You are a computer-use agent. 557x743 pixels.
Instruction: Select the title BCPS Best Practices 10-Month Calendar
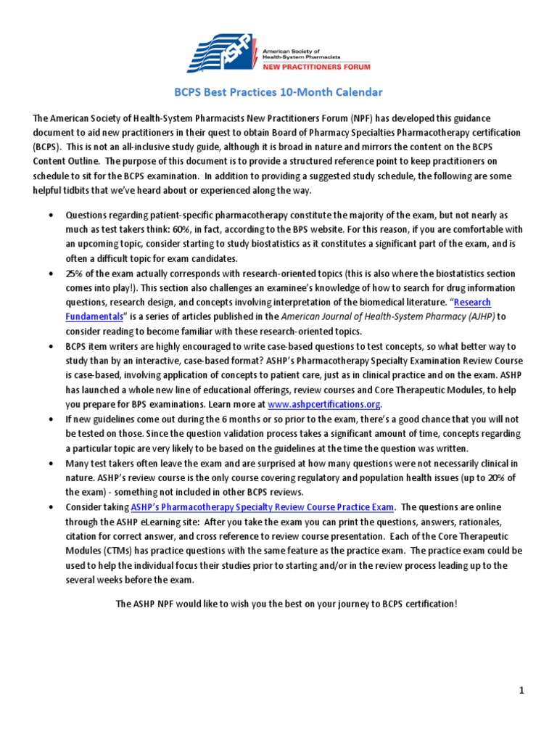coord(278,93)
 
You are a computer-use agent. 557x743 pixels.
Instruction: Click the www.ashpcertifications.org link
coord(323,404)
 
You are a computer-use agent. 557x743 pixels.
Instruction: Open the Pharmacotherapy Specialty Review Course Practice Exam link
coord(263,506)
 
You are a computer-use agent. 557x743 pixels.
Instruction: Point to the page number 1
coord(521,691)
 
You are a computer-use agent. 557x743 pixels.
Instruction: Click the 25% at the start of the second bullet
coord(76,274)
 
